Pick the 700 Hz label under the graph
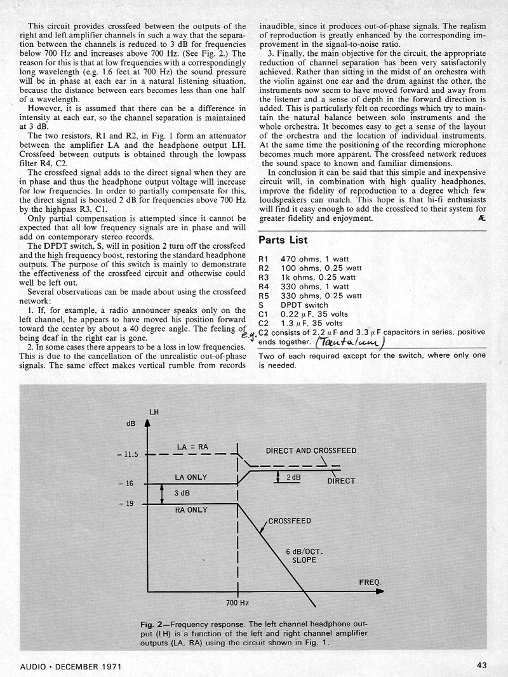(237, 601)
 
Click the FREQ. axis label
(371, 581)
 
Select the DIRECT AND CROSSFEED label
(311, 451)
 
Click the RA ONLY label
(191, 509)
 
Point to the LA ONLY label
(191, 477)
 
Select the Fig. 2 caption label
(154, 624)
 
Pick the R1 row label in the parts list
(265, 260)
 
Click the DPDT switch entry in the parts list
(304, 305)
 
